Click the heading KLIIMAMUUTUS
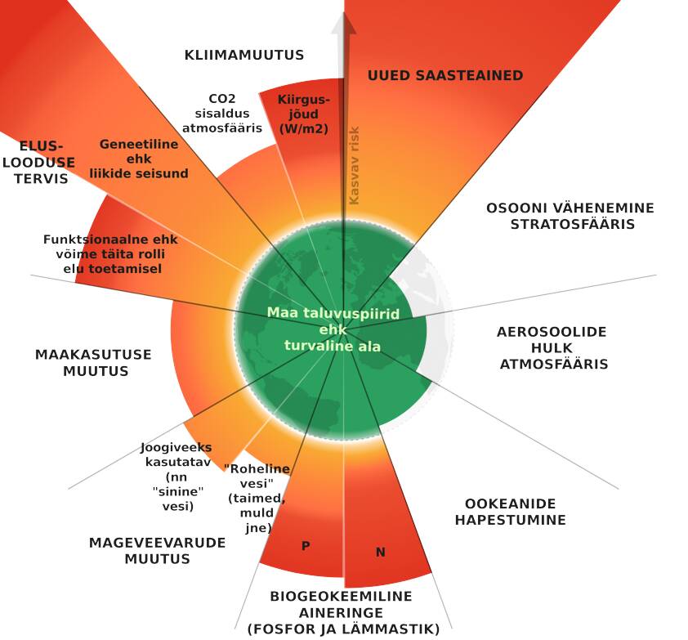point(243,56)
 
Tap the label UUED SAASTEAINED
point(445,75)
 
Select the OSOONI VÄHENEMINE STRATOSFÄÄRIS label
point(560,216)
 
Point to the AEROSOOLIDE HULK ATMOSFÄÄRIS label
point(553,348)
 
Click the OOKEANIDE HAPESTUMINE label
point(510,512)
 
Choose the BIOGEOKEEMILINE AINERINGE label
point(342,612)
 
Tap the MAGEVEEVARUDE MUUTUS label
point(157,551)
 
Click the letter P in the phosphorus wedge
point(306,546)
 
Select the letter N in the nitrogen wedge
point(380,553)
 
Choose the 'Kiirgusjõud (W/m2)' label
point(303,114)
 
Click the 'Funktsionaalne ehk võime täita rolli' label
point(109,254)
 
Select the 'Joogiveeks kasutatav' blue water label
point(176,477)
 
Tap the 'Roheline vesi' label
point(257,499)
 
